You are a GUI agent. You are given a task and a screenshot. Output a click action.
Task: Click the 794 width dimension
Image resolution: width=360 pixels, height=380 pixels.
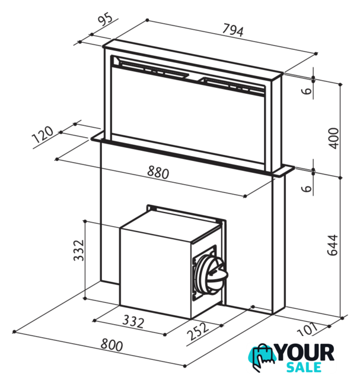pos(233,30)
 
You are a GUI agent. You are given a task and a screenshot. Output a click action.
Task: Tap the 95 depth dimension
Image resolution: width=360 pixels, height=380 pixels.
pos(106,20)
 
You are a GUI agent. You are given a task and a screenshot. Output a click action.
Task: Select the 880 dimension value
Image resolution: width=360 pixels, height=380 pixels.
pos(158,172)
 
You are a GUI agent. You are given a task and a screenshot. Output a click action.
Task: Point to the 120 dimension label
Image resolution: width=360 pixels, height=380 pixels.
pos(43,134)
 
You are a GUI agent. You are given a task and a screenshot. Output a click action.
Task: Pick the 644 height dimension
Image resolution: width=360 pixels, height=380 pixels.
pos(333,245)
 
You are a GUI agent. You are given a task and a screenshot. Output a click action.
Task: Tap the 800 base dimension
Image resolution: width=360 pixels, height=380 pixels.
pos(111,345)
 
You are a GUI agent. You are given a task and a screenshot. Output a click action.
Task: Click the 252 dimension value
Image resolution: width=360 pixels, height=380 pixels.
pos(198,331)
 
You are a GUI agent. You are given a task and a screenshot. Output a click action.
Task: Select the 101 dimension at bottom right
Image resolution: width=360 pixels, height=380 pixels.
pos(307,330)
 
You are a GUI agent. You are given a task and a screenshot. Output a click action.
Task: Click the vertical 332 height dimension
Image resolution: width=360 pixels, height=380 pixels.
pos(79,251)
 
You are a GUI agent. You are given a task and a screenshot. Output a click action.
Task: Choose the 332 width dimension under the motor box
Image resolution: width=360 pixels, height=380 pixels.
pos(133,321)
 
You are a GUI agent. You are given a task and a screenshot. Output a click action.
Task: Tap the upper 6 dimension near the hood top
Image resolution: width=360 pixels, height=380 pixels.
pos(307,91)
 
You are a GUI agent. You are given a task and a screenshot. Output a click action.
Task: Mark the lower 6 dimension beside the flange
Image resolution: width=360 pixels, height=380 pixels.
pos(307,188)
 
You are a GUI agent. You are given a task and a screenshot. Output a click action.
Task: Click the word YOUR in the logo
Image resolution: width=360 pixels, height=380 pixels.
pos(305,353)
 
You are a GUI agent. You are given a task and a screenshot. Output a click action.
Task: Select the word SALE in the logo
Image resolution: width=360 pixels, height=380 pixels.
pos(304,367)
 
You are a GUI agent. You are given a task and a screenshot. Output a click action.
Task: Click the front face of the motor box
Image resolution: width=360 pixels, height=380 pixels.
pos(155,273)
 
